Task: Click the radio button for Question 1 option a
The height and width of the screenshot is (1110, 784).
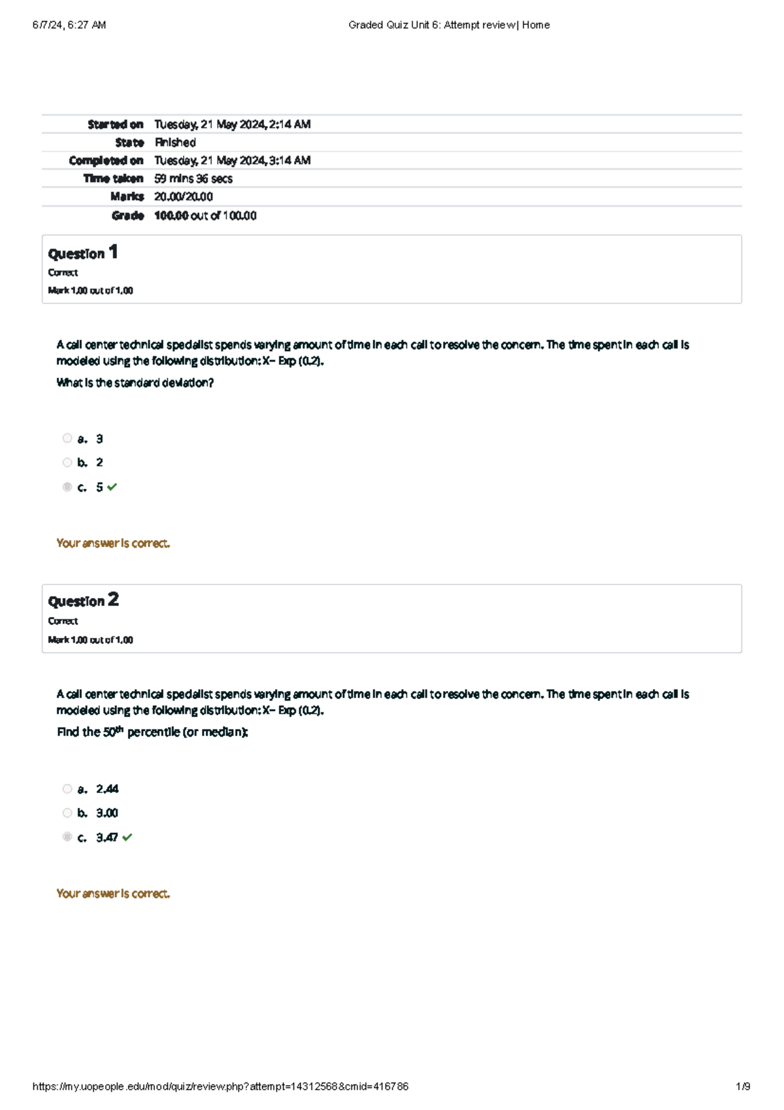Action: tap(67, 438)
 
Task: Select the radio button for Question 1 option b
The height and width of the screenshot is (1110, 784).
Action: tap(67, 462)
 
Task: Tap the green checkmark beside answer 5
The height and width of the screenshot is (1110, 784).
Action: tap(112, 487)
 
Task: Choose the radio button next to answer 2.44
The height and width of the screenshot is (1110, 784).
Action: tap(67, 789)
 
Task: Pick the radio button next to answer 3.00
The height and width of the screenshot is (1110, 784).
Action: tap(67, 813)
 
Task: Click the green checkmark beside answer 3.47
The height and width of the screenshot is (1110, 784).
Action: tap(127, 837)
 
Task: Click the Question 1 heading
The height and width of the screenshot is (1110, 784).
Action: tap(83, 253)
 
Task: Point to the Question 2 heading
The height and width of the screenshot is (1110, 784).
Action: tap(83, 601)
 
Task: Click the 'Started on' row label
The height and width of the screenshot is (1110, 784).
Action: tap(116, 124)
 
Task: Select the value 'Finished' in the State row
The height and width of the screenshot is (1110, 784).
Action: tap(175, 143)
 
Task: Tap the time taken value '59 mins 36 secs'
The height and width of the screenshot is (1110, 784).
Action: tap(193, 178)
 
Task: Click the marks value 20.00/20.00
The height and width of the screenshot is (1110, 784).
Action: tap(184, 197)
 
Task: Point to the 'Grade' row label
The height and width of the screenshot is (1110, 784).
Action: tap(127, 216)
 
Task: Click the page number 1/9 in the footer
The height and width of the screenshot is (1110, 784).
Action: tap(743, 1086)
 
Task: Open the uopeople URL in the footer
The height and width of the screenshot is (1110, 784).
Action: tap(220, 1086)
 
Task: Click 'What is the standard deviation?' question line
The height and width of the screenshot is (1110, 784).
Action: tap(135, 383)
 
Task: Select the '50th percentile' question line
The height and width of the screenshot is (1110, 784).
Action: tap(152, 732)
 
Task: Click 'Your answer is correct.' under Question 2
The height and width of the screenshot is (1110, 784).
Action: tap(113, 894)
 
